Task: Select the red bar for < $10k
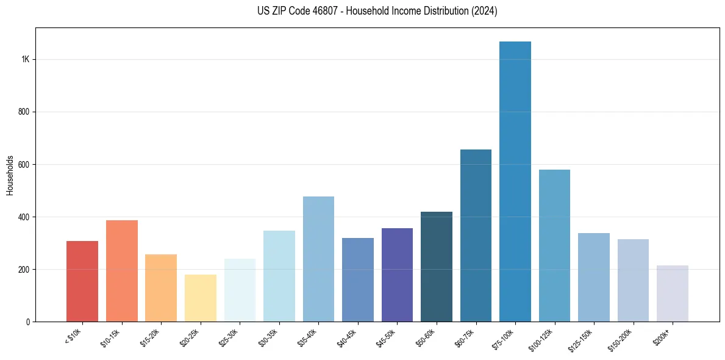point(82,281)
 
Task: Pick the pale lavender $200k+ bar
point(673,293)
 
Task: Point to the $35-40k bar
point(318,259)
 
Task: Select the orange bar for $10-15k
point(122,271)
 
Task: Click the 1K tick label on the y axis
point(26,60)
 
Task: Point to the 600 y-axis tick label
point(23,165)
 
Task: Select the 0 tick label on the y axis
point(28,322)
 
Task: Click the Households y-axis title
point(10,175)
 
